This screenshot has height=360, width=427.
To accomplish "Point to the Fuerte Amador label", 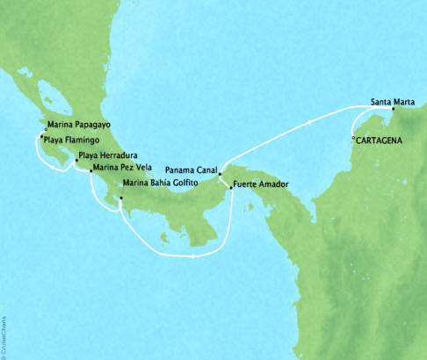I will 261,186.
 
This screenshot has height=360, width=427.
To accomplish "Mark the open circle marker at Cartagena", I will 353,138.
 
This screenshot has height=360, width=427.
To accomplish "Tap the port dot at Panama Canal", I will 220,174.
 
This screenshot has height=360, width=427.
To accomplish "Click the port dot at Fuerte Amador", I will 229,186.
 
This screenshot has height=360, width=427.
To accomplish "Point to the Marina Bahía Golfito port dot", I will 120,197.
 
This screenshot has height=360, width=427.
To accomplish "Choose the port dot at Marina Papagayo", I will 47,128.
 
